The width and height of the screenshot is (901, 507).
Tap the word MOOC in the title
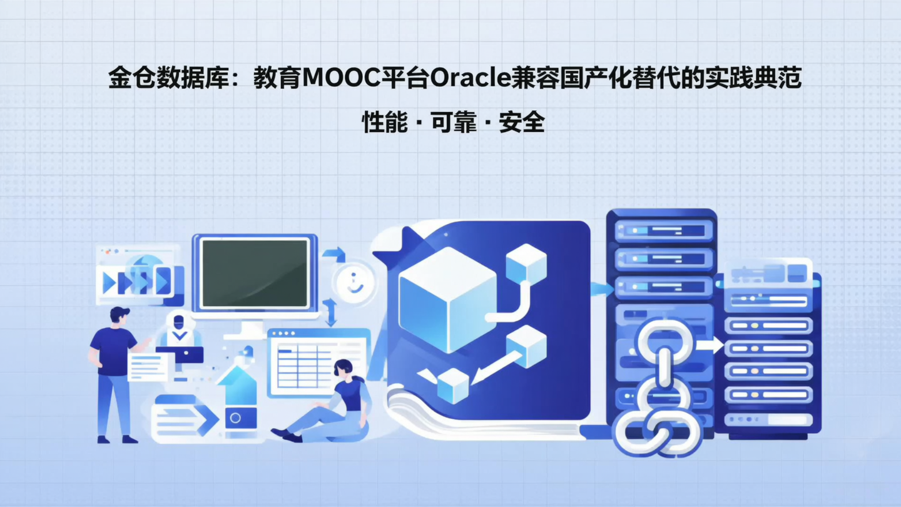coord(343,79)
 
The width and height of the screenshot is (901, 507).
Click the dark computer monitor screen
coord(255,273)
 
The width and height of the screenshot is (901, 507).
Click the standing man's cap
coord(120,312)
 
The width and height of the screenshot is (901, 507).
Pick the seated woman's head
coord(343,369)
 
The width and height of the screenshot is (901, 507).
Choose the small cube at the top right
coord(526,263)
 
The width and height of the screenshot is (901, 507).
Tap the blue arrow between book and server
coord(601,289)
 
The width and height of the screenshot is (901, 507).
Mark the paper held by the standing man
coord(148,366)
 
